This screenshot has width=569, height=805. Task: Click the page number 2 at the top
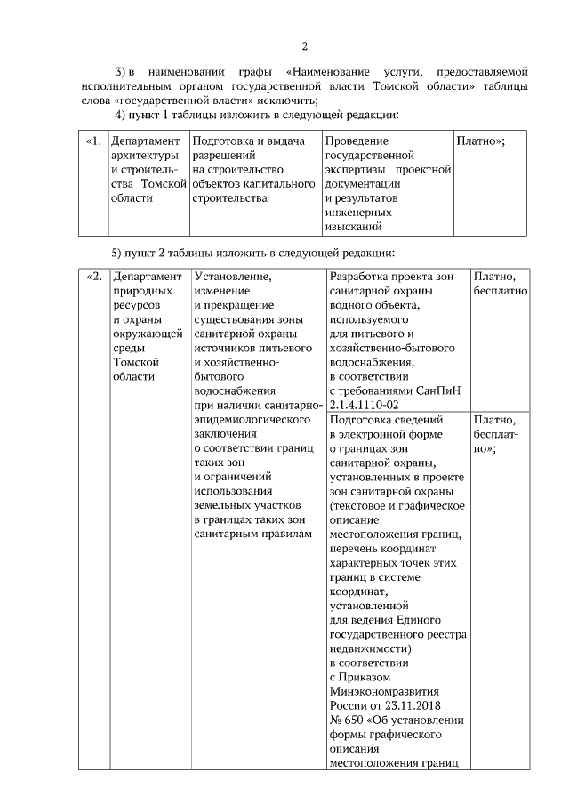(304, 47)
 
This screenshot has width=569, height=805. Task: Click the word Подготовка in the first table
(223, 141)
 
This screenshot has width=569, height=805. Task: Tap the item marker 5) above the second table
(116, 251)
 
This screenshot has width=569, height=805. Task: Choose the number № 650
(345, 720)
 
